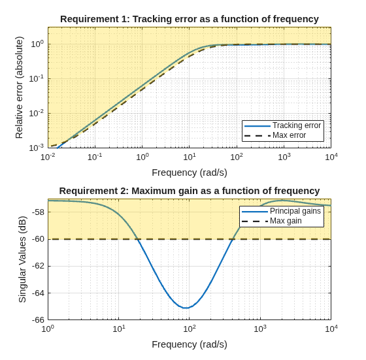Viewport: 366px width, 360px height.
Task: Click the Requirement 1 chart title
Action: [190, 19]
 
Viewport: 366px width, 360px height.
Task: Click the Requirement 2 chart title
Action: [190, 191]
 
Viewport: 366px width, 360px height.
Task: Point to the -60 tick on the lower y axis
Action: [38, 239]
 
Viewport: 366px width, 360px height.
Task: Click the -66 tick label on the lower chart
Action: [38, 320]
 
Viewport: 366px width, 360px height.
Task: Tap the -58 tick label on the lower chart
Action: [38, 212]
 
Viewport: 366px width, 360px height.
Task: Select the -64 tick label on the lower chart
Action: [38, 293]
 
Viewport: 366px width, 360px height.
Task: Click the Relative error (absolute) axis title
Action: [19, 88]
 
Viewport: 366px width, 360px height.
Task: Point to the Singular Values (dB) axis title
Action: [22, 259]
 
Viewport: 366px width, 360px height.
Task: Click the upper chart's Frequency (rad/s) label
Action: [190, 173]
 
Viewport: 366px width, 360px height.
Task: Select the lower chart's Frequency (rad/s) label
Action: [190, 344]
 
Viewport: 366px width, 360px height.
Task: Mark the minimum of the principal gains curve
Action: [186, 308]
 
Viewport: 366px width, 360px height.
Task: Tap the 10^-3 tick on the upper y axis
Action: [37, 148]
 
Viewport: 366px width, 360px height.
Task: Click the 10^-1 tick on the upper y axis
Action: [37, 79]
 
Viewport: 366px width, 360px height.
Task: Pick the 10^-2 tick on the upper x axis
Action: [48, 157]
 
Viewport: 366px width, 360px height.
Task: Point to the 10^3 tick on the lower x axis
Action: [260, 329]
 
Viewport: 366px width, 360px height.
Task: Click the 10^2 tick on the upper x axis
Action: [237, 157]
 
